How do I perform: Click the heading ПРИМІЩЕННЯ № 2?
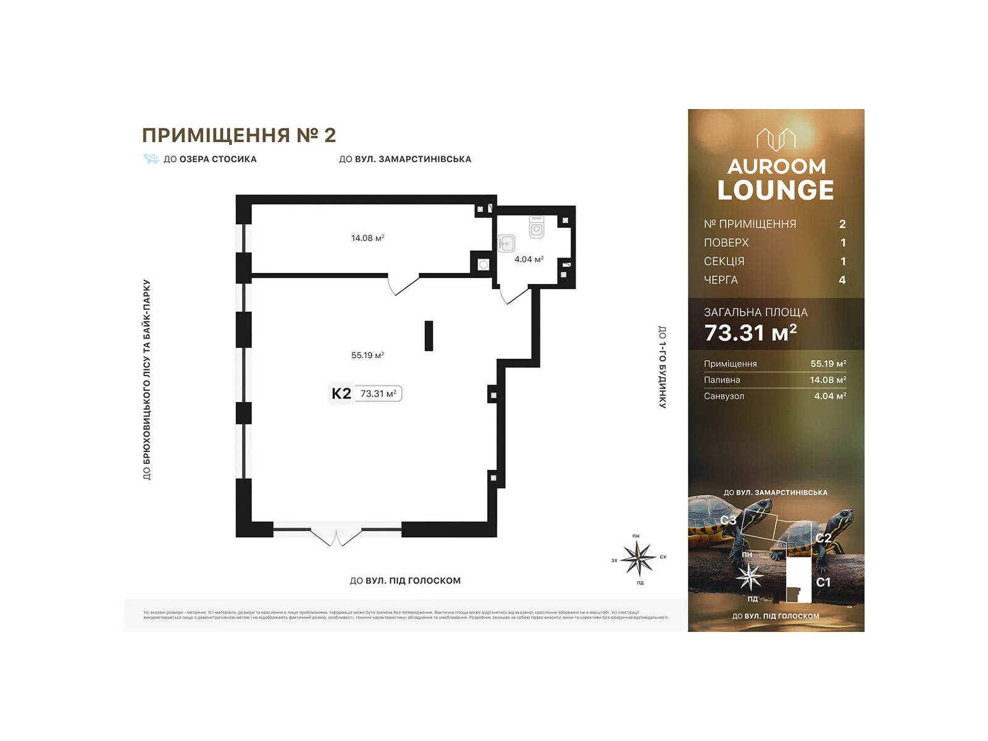(239, 135)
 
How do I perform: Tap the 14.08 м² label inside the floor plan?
(367, 238)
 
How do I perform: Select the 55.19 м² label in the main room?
(367, 355)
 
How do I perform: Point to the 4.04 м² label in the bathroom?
(529, 259)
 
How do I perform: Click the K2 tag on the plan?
(341, 393)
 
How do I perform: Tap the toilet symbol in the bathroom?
(537, 227)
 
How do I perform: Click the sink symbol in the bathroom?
(506, 243)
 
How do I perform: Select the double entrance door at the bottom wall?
(335, 535)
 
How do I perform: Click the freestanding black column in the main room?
(429, 336)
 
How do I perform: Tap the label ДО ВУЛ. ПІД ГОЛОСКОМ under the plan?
(405, 580)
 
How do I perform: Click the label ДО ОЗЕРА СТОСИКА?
(209, 159)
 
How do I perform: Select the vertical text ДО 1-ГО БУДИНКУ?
(662, 367)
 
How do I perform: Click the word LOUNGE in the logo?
(776, 190)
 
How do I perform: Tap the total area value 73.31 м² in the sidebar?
(750, 333)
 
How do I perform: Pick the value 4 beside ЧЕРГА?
(842, 280)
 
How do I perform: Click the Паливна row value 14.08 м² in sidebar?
(827, 380)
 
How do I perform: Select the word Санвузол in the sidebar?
(724, 396)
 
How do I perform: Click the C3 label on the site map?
(728, 520)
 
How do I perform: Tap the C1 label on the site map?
(823, 582)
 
